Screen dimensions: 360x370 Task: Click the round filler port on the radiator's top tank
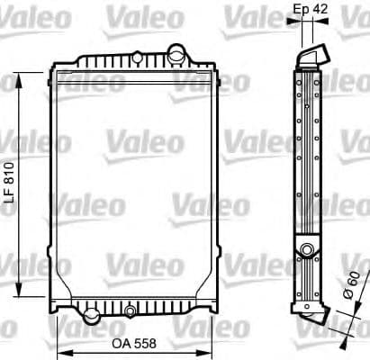pyautogui.click(x=136, y=58)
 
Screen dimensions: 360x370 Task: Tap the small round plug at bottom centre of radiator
pyautogui.click(x=131, y=311)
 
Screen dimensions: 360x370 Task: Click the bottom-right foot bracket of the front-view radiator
pyautogui.click(x=203, y=314)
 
